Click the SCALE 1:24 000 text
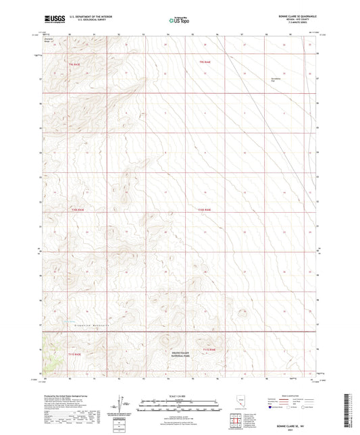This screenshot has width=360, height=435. (x=179, y=396)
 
